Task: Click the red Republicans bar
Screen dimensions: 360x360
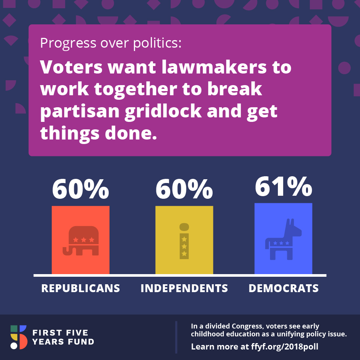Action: [81, 240]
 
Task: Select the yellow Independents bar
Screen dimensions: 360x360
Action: [184, 240]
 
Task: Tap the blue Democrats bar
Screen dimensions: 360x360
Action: [283, 238]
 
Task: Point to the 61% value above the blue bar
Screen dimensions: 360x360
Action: [283, 186]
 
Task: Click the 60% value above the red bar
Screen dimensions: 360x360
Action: [81, 189]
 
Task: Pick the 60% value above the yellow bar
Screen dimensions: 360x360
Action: [184, 189]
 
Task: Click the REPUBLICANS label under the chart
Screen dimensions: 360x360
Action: [81, 288]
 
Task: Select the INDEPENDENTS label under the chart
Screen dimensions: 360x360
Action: [184, 288]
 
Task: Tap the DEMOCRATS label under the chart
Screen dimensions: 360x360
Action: [283, 288]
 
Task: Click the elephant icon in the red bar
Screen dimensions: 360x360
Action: [81, 241]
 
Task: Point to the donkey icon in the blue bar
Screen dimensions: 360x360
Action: [283, 239]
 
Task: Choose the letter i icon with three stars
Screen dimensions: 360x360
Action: [184, 241]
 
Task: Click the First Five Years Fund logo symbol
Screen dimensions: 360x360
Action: [19, 337]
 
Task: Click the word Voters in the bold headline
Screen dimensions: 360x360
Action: [71, 67]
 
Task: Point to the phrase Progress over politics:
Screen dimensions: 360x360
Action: [111, 43]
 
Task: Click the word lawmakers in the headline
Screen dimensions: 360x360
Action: [214, 67]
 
